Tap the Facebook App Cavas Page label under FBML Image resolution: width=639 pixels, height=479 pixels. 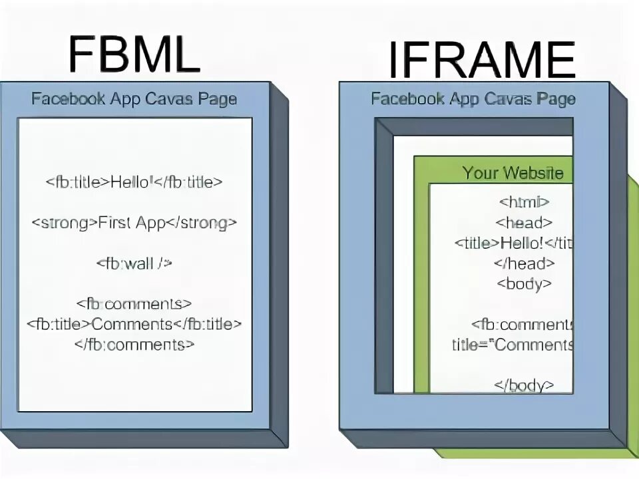click(x=134, y=100)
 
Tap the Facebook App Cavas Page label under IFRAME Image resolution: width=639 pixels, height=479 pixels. click(x=473, y=100)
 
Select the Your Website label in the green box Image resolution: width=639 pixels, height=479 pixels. click(x=513, y=174)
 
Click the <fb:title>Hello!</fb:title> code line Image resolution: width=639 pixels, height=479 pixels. click(x=134, y=182)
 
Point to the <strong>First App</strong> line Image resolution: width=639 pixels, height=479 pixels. click(x=134, y=223)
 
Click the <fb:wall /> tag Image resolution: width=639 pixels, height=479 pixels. click(x=134, y=263)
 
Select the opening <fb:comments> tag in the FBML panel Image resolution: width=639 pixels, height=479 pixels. click(x=134, y=305)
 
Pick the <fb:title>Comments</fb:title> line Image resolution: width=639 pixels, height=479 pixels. click(x=134, y=325)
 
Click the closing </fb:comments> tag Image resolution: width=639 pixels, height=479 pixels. click(x=134, y=345)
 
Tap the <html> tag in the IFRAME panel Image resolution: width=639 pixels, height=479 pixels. click(x=524, y=202)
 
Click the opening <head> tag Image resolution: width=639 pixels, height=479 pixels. click(x=524, y=223)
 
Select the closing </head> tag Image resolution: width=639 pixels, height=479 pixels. click(x=524, y=263)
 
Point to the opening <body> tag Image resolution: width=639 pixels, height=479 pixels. click(x=524, y=283)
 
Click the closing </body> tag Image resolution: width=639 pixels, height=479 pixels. click(x=524, y=385)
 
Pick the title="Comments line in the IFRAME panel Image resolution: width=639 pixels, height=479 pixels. click(x=513, y=345)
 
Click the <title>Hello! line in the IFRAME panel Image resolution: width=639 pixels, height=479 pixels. click(x=513, y=243)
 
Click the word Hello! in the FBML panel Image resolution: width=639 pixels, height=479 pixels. click(x=130, y=182)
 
